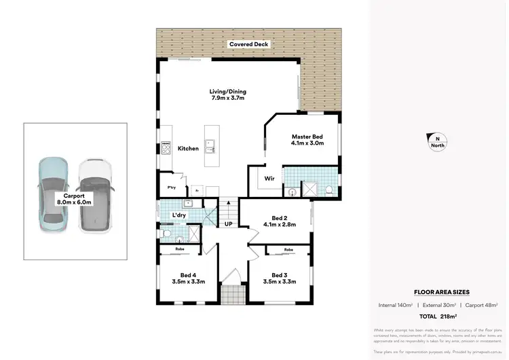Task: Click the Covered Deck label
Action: (x=248, y=44)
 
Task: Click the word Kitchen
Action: (x=188, y=148)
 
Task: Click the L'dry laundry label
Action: (x=179, y=215)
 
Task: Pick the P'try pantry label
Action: (x=172, y=188)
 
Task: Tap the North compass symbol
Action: (x=437, y=140)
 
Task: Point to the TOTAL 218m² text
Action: (x=438, y=317)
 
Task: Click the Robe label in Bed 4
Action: (x=180, y=249)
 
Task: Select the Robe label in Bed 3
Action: (x=288, y=249)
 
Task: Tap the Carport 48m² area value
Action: (x=482, y=305)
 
